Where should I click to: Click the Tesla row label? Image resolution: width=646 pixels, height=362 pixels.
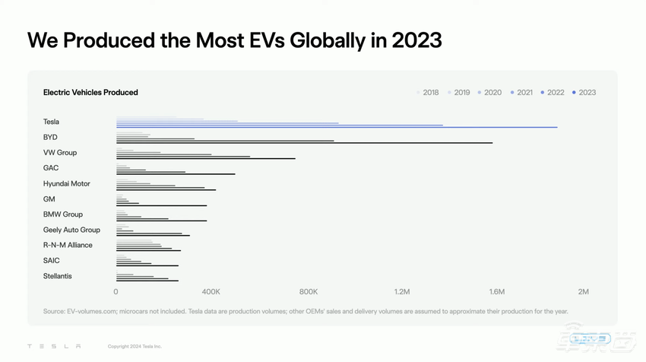pyautogui.click(x=51, y=122)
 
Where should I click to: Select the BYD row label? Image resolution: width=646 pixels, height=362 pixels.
pyautogui.click(x=50, y=138)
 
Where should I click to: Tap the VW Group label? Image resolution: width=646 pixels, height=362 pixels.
pyautogui.click(x=60, y=153)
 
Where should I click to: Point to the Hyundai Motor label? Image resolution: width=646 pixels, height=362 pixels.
pyautogui.click(x=67, y=184)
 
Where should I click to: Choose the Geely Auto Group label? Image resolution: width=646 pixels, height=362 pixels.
pyautogui.click(x=71, y=230)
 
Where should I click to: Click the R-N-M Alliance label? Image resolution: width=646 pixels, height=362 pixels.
pyautogui.click(x=68, y=245)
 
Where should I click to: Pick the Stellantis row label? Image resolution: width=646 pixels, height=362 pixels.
pyautogui.click(x=58, y=276)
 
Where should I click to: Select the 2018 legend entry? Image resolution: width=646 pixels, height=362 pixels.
pyautogui.click(x=430, y=93)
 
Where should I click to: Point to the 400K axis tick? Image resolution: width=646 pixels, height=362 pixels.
pyautogui.click(x=211, y=292)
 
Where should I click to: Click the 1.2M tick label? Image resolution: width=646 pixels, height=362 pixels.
pyautogui.click(x=402, y=292)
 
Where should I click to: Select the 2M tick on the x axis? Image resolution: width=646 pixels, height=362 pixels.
pyautogui.click(x=583, y=292)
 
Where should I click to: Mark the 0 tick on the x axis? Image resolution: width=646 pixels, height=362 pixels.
pyautogui.click(x=116, y=292)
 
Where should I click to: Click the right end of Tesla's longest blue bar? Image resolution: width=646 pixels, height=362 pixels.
pyautogui.click(x=556, y=127)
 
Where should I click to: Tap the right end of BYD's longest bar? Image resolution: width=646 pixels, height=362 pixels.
pyautogui.click(x=492, y=143)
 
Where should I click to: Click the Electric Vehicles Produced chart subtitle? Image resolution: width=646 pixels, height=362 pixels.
pyautogui.click(x=90, y=93)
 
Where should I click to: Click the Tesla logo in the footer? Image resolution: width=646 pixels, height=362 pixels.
pyautogui.click(x=53, y=347)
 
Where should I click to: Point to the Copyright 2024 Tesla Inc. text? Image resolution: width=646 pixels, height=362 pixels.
pyautogui.click(x=135, y=347)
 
